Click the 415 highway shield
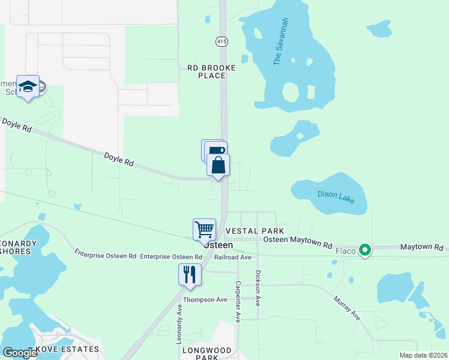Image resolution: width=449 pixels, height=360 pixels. click(221, 41)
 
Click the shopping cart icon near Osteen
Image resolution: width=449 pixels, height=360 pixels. click(204, 229)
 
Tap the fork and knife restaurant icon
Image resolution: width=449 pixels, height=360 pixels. click(190, 275)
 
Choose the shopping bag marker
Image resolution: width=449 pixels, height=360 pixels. click(218, 165)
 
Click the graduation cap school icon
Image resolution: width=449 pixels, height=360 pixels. click(28, 87)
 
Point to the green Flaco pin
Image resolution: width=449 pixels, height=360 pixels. click(364, 250)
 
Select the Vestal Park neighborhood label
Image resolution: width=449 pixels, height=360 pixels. click(254, 231)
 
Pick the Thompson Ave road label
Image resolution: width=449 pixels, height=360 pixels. click(205, 299)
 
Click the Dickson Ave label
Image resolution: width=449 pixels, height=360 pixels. click(258, 288)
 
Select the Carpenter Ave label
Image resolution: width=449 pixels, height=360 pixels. click(238, 302)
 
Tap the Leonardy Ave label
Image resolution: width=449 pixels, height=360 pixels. click(179, 323)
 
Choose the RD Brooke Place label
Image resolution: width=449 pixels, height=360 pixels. click(211, 72)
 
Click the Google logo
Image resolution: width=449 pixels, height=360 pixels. click(20, 353)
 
